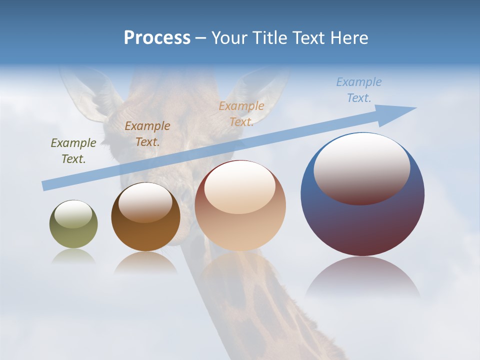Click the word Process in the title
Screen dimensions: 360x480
157,38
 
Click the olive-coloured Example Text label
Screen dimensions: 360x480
73,150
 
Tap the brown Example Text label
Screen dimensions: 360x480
147,133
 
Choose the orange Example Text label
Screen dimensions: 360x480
241,113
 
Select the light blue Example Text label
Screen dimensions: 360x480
358,90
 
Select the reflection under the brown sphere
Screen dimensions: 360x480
145,262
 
